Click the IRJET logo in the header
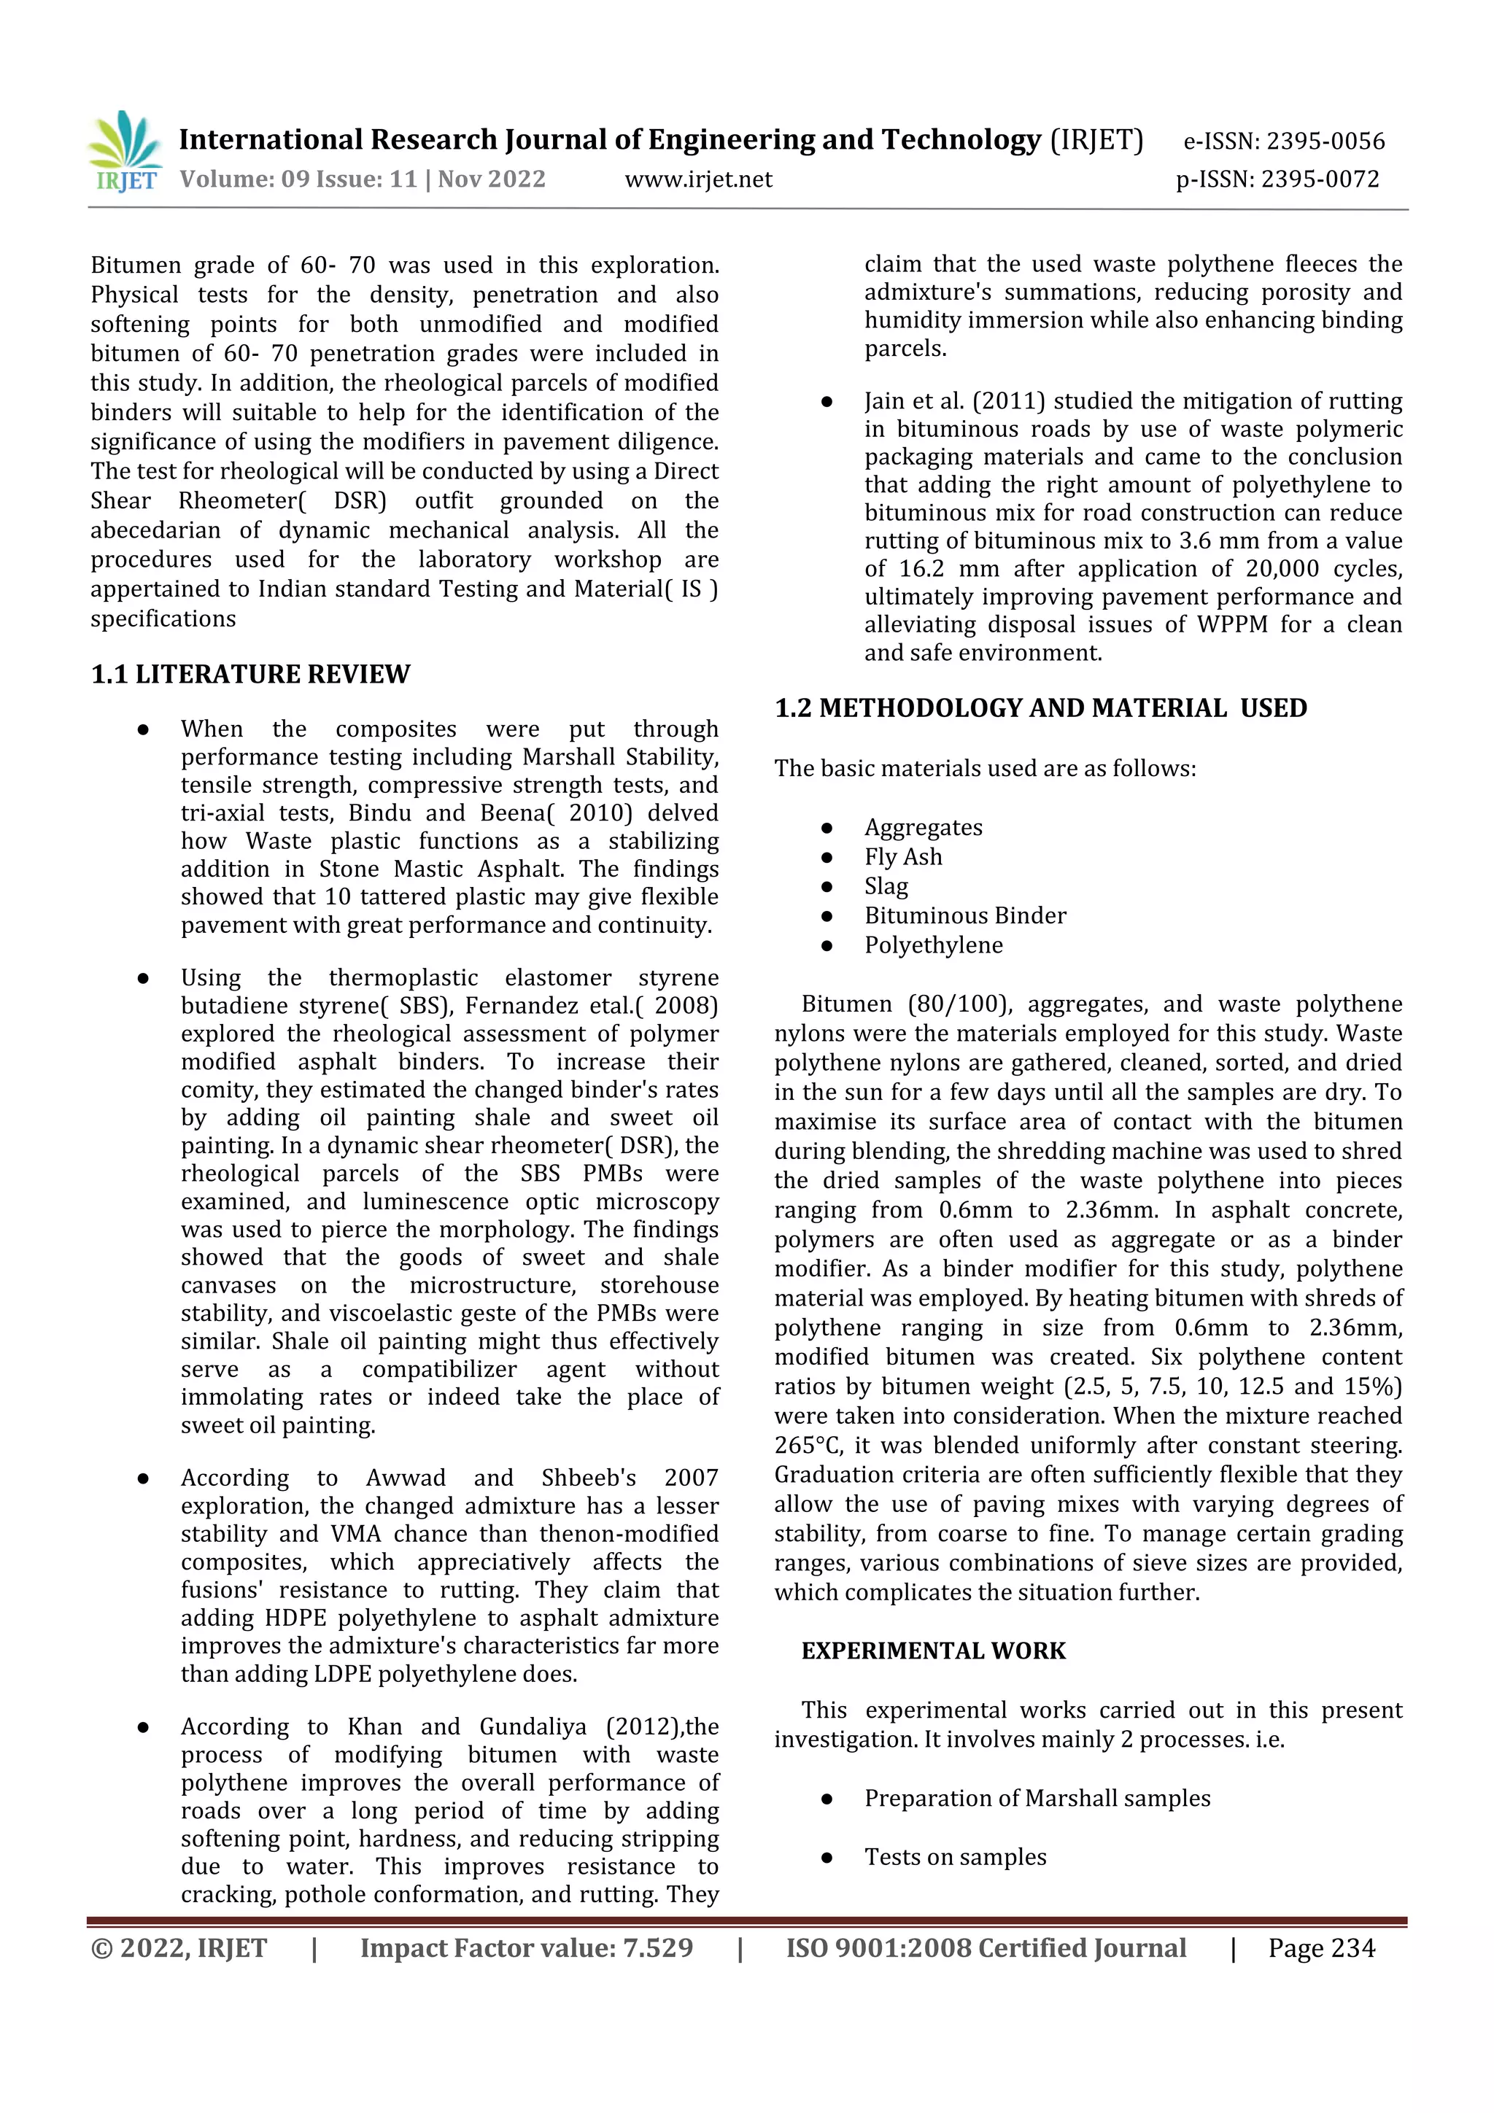pyautogui.click(x=126, y=152)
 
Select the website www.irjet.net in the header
pyautogui.click(x=699, y=179)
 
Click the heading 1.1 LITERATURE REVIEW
pyautogui.click(x=250, y=675)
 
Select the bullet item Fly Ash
pyautogui.click(x=902, y=857)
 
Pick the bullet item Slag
pyautogui.click(x=886, y=886)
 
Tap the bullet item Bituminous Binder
pyautogui.click(x=964, y=915)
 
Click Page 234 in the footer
pyautogui.click(x=1321, y=1948)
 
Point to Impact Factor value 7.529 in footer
pyautogui.click(x=526, y=1948)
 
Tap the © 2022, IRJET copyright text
pyautogui.click(x=179, y=1948)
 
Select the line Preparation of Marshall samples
pyautogui.click(x=1037, y=1798)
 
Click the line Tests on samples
pyautogui.click(x=955, y=1857)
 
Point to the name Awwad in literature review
pyautogui.click(x=405, y=1479)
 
